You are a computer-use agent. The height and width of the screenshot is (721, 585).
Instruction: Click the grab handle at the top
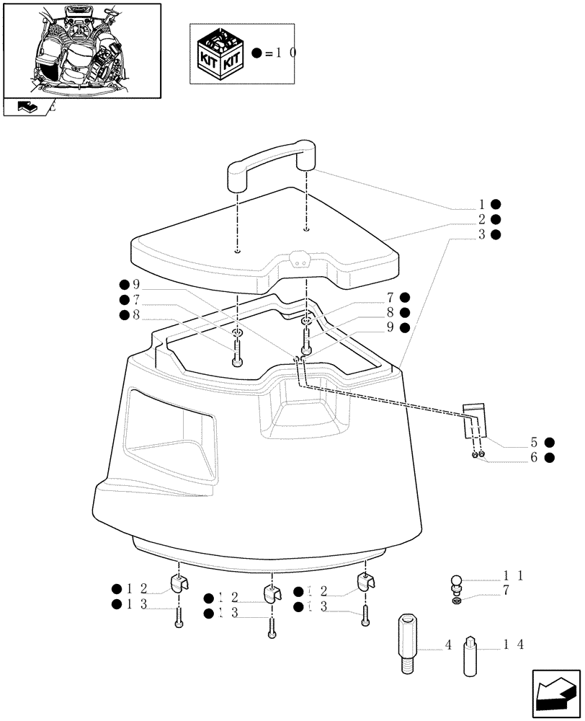pos(271,165)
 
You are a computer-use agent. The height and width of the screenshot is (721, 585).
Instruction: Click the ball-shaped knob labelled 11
pos(456,580)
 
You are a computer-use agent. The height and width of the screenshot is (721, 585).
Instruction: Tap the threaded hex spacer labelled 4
pos(407,644)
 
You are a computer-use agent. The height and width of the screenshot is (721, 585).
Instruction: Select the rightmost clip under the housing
pos(366,582)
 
